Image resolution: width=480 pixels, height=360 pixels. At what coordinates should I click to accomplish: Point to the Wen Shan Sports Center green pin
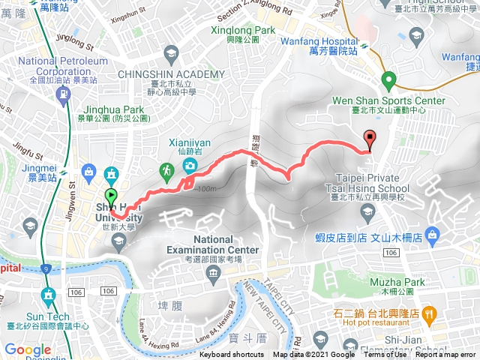pyautogui.click(x=388, y=79)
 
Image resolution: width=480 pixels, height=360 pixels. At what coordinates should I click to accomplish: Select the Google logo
pyautogui.click(x=28, y=349)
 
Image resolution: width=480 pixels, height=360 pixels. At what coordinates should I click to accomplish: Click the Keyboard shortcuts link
pyautogui.click(x=232, y=355)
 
